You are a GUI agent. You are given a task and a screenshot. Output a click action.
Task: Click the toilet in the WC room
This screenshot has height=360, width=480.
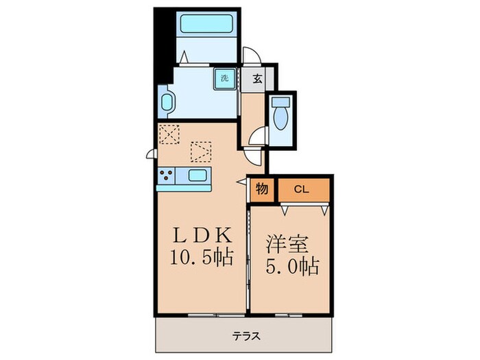tap(280, 113)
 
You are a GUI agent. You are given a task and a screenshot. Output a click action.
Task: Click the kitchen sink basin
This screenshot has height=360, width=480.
tap(199, 175)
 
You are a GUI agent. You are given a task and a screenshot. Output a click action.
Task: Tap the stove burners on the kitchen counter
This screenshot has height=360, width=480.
tap(166, 176)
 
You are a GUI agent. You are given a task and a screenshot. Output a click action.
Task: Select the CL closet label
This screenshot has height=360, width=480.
tap(303, 189)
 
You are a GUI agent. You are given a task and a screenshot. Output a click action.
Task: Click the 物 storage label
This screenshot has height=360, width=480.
tap(262, 189)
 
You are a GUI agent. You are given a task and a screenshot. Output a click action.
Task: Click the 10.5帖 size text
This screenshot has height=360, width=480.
tap(200, 259)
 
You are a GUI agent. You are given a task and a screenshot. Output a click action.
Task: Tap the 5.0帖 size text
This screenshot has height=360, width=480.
tap(291, 266)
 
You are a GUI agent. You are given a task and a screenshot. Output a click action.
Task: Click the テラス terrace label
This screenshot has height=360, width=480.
tap(244, 337)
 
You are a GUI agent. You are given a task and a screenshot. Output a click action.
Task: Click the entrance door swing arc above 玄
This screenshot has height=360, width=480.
tap(252, 53)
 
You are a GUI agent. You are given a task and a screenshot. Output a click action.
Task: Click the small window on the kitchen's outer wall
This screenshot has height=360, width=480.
tap(149, 154)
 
